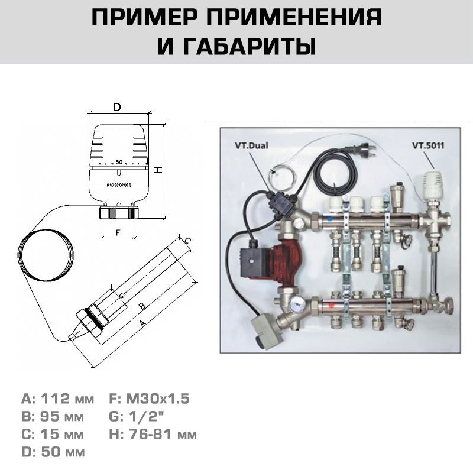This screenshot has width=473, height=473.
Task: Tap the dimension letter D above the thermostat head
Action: [117, 107]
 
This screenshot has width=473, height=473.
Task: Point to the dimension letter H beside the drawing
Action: [157, 170]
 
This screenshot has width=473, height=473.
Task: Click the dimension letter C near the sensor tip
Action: [187, 241]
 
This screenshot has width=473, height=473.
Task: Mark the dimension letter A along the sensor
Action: [142, 323]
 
